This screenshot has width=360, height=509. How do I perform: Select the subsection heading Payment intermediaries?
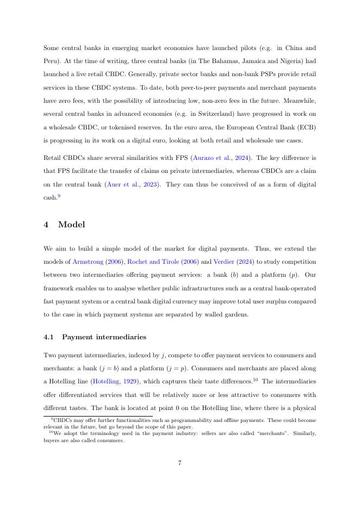[104, 337]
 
